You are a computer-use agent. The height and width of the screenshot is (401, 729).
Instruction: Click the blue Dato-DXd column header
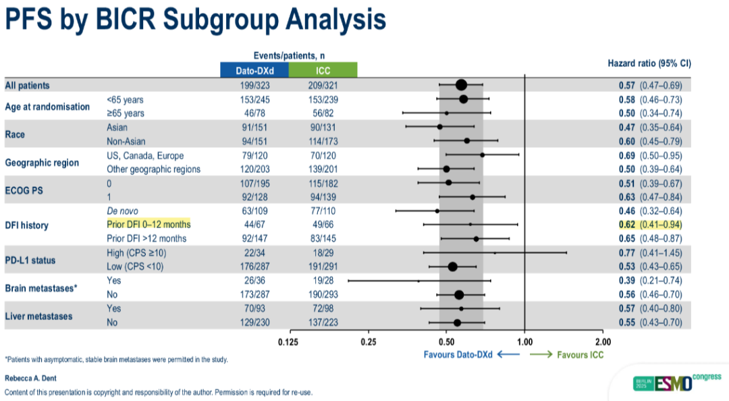pos(254,70)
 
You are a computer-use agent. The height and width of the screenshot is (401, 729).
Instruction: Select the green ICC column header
pos(323,70)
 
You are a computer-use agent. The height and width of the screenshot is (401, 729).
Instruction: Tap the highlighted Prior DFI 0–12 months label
pos(148,224)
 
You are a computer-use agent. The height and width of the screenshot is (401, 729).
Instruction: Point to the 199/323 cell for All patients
pos(254,86)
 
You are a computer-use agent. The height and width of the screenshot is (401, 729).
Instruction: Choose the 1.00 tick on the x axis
pos(524,342)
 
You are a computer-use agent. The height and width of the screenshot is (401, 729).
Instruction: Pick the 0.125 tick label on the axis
pos(289,342)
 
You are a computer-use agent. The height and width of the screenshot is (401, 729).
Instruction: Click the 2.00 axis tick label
pos(603,342)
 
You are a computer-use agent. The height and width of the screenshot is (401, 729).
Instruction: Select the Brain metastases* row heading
pos(41,288)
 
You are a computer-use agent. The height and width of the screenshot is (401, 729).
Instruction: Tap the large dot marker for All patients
pos(461,85)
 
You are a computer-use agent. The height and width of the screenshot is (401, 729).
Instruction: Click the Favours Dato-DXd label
pos(459,354)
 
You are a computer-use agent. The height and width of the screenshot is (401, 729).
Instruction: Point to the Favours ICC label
pos(580,354)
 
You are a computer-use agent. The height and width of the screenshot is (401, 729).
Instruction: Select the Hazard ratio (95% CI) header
pos(649,63)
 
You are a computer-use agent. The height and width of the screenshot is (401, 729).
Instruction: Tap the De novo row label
pos(122,211)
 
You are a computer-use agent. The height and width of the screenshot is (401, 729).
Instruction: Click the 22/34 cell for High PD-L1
pos(254,252)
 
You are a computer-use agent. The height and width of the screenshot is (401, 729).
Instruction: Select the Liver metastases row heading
pos(39,315)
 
